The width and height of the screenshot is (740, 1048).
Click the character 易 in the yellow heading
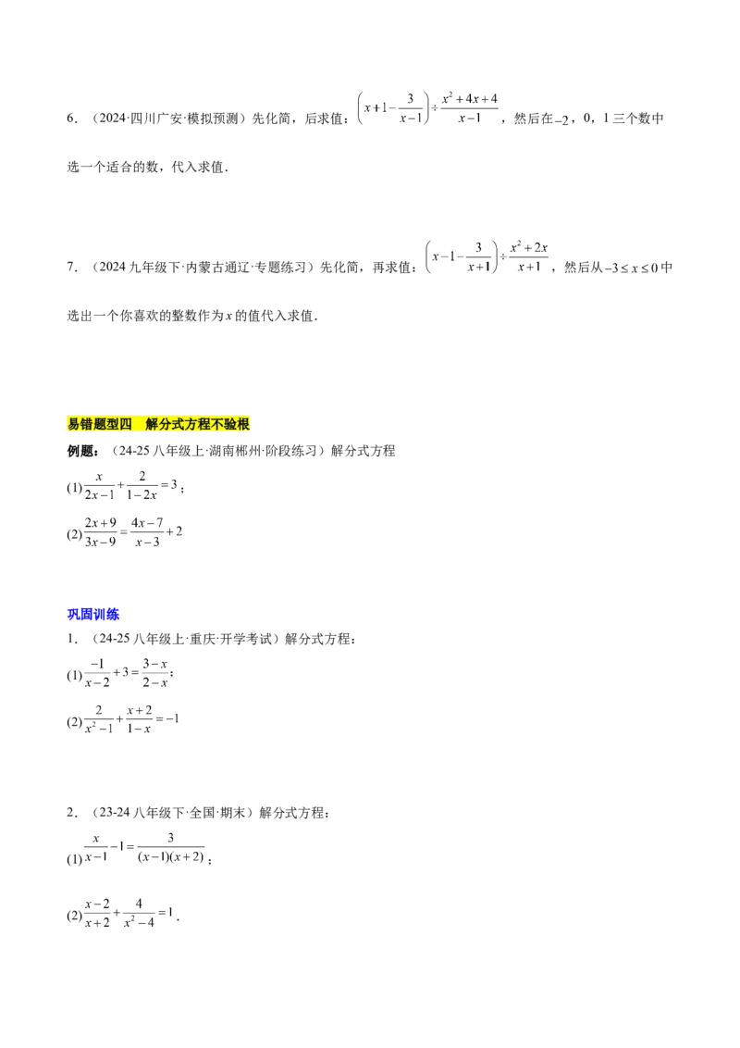coord(74,425)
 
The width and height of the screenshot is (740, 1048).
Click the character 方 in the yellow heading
coord(192,425)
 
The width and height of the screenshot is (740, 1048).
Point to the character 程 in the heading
coord(205,425)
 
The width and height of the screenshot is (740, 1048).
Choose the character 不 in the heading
coord(218,425)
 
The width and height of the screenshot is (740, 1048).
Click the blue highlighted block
coord(94,615)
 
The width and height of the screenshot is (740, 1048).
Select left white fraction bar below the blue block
coord(96,669)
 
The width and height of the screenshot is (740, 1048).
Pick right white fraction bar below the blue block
coord(155,669)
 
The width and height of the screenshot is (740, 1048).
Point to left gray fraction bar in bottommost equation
coord(96,914)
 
